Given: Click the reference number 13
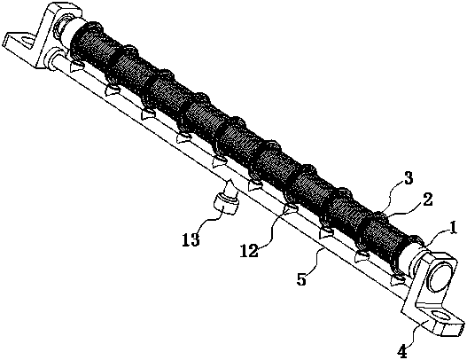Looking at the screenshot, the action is click(191, 240).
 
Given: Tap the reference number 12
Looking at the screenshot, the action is click(249, 251).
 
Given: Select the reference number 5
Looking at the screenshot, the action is click(301, 279).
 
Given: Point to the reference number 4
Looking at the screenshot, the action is click(402, 352).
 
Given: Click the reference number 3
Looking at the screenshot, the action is click(408, 179).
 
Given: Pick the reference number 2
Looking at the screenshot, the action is click(427, 200).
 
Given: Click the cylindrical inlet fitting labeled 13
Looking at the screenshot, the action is click(226, 203).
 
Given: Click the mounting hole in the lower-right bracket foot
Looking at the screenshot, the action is click(440, 316).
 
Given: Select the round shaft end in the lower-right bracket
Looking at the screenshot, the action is click(438, 276).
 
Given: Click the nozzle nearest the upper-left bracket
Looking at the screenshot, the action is click(76, 66).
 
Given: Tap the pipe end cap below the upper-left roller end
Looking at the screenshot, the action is click(52, 59).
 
